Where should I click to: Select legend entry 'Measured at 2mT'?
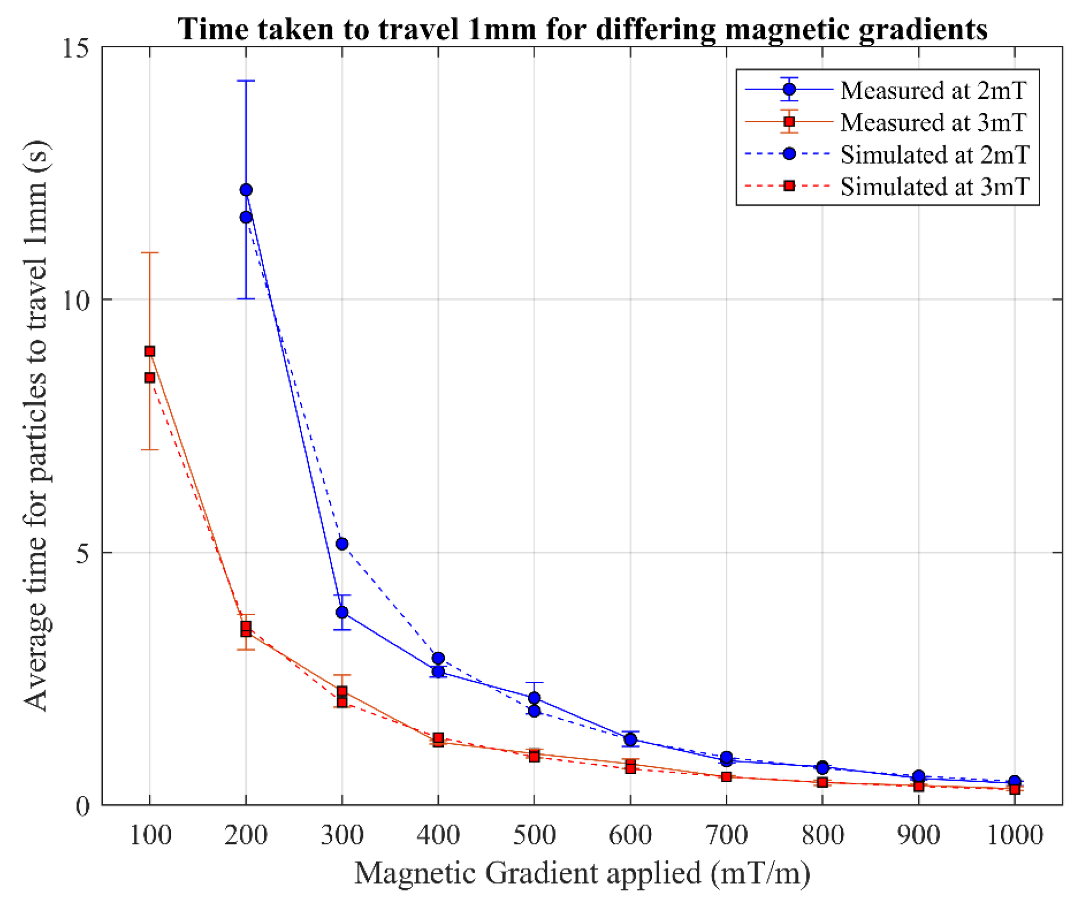(x=933, y=91)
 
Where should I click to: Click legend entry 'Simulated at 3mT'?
(x=934, y=187)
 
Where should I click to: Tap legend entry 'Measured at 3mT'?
(x=933, y=123)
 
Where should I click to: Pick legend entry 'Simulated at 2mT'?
(x=934, y=155)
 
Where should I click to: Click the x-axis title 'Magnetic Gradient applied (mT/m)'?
(x=582, y=873)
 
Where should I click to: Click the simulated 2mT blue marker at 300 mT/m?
(x=342, y=544)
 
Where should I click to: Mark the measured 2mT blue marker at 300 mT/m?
(x=342, y=612)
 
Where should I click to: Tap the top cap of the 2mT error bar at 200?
(x=246, y=81)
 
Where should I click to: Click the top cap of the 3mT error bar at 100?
(x=150, y=253)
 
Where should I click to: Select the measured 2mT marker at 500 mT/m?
(x=534, y=698)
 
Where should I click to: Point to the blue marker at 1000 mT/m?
(x=1014, y=782)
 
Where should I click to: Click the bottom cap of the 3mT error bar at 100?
(x=150, y=450)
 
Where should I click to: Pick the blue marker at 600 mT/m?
(x=630, y=739)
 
